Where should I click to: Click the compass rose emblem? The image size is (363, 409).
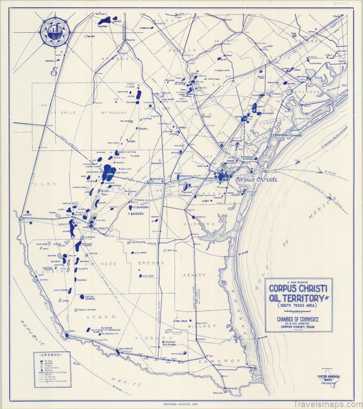[x=55, y=31]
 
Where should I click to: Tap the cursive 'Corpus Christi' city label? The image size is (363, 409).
[x=256, y=179]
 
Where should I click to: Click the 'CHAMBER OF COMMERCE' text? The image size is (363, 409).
[x=298, y=320]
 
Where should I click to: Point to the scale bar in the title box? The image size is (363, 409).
[x=298, y=312]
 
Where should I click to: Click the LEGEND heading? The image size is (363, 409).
[x=52, y=356]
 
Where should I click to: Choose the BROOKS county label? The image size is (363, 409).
[x=151, y=263]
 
